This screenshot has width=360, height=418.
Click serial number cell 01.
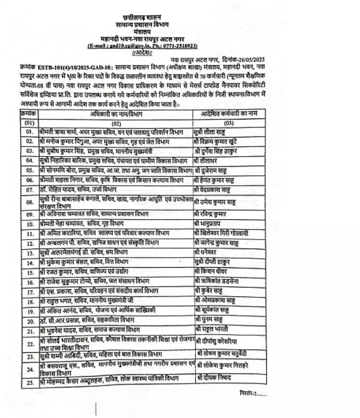tap(29, 131)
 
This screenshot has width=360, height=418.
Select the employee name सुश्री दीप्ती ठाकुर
tap(215, 262)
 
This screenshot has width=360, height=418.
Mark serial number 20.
tap(29, 320)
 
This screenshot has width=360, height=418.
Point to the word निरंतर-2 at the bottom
tap(253, 394)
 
